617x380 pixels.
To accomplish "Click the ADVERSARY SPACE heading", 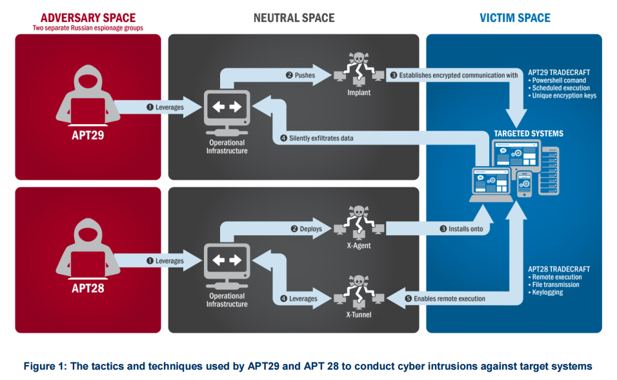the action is point(88,17).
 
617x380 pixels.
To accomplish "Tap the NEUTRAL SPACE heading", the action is point(294,17).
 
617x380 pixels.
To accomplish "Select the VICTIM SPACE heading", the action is point(514,17).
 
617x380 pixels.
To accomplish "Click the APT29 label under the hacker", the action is point(88,135).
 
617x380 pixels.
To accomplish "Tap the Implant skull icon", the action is point(359,69).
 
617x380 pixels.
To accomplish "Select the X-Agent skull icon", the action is point(359,222).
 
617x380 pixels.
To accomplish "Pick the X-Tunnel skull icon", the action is point(359,291).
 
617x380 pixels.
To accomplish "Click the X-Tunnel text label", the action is point(359,315).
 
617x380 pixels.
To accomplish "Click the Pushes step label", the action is point(301,75).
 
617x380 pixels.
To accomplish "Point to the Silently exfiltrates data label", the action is point(317,138).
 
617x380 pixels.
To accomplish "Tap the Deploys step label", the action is point(307,229).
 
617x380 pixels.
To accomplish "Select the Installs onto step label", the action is point(461,229).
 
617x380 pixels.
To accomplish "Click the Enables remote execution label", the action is point(445,299).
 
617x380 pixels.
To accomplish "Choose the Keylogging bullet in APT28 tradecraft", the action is point(546,292).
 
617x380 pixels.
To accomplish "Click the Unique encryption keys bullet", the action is point(562,96).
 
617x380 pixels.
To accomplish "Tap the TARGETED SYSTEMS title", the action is point(529,134).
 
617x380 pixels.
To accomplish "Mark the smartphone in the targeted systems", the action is point(524,184).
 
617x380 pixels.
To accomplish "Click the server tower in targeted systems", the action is point(549,171).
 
